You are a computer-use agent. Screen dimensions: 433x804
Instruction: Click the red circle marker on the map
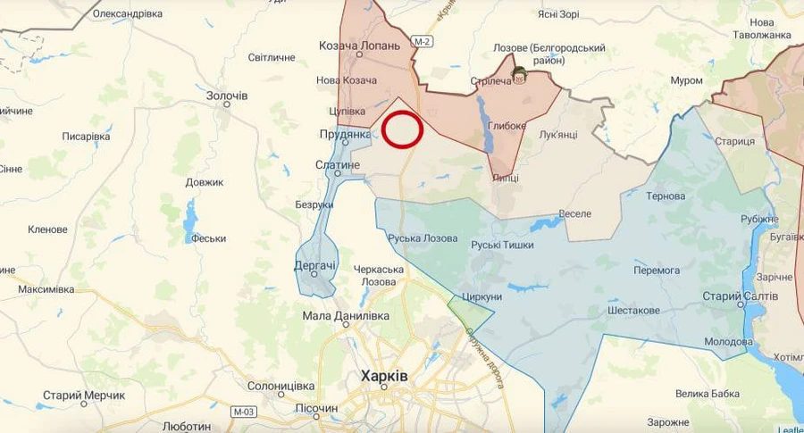(x=402, y=129)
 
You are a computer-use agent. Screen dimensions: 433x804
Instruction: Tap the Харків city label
(x=383, y=376)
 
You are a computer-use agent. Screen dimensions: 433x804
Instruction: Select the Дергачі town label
(x=314, y=265)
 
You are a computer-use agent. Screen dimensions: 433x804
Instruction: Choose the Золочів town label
(x=227, y=95)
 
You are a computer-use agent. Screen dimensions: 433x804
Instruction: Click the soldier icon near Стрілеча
(x=518, y=73)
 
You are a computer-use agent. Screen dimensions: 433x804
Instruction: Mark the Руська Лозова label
(x=423, y=238)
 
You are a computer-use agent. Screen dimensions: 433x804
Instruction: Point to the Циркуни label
(x=482, y=296)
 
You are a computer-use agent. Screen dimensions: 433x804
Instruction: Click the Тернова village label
(x=666, y=196)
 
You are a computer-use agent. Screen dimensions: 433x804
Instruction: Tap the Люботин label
(x=188, y=426)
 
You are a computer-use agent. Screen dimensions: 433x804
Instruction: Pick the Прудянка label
(x=345, y=135)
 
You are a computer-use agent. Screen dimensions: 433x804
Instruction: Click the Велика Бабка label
(x=708, y=394)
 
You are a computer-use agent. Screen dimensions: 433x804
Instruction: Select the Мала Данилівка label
(x=346, y=315)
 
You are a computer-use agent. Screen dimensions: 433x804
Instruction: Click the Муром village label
(x=686, y=80)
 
